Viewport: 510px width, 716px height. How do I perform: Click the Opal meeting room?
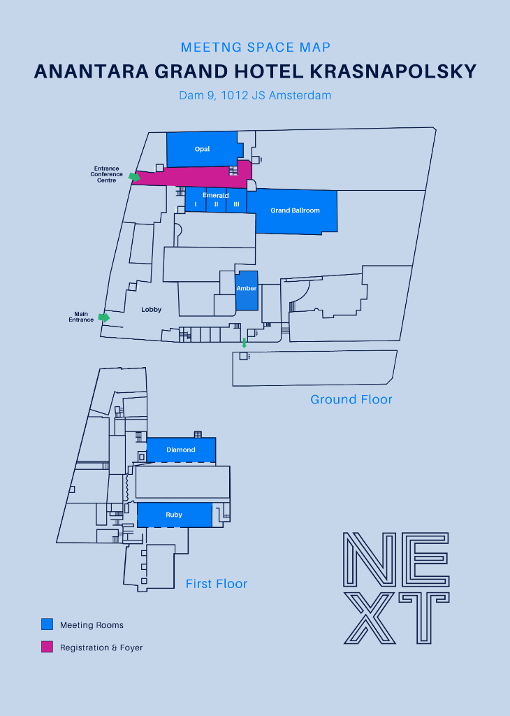[202, 149]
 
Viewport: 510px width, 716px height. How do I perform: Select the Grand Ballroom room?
[295, 210]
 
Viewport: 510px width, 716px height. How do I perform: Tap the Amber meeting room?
[247, 289]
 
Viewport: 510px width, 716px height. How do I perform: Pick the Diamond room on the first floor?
[181, 450]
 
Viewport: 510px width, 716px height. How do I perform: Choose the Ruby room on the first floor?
[174, 515]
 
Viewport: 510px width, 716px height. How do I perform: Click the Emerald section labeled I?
[196, 203]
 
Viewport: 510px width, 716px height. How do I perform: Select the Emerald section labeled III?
[237, 203]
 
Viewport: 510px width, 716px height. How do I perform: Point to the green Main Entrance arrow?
[104, 317]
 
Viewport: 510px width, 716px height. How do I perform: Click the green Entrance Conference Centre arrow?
[135, 177]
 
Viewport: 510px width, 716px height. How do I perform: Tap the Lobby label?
[152, 309]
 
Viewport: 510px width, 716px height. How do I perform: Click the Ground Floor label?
[351, 400]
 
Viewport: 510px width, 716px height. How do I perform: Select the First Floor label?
[217, 584]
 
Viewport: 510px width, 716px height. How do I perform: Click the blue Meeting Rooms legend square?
[48, 624]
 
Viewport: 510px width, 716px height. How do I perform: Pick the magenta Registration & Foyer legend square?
[48, 647]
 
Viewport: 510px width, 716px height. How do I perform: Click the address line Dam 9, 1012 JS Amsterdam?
[255, 95]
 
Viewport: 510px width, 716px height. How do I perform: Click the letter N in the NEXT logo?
[370, 559]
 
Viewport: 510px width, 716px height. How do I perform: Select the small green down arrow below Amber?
[244, 343]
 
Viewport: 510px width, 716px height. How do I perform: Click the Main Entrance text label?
[81, 317]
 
